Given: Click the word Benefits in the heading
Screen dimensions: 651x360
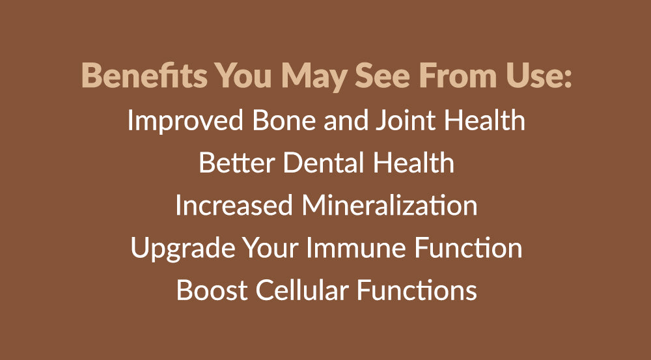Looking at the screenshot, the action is (144, 75).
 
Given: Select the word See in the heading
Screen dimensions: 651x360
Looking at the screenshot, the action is (382, 76).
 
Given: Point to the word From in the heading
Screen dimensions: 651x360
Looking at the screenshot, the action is (458, 76).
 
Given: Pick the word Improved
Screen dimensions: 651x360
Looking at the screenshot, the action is (185, 121).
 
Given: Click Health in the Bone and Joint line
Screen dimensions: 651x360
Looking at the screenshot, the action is (484, 120).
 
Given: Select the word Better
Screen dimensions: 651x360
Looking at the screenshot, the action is (237, 162).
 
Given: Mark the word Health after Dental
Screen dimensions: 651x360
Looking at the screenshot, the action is (413, 162).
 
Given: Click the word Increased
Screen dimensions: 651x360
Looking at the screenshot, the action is (234, 205).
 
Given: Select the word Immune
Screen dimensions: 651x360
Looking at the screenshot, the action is (355, 247).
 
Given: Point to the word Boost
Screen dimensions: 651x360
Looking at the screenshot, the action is (212, 290).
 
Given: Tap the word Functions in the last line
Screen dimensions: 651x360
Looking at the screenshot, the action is (417, 290).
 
